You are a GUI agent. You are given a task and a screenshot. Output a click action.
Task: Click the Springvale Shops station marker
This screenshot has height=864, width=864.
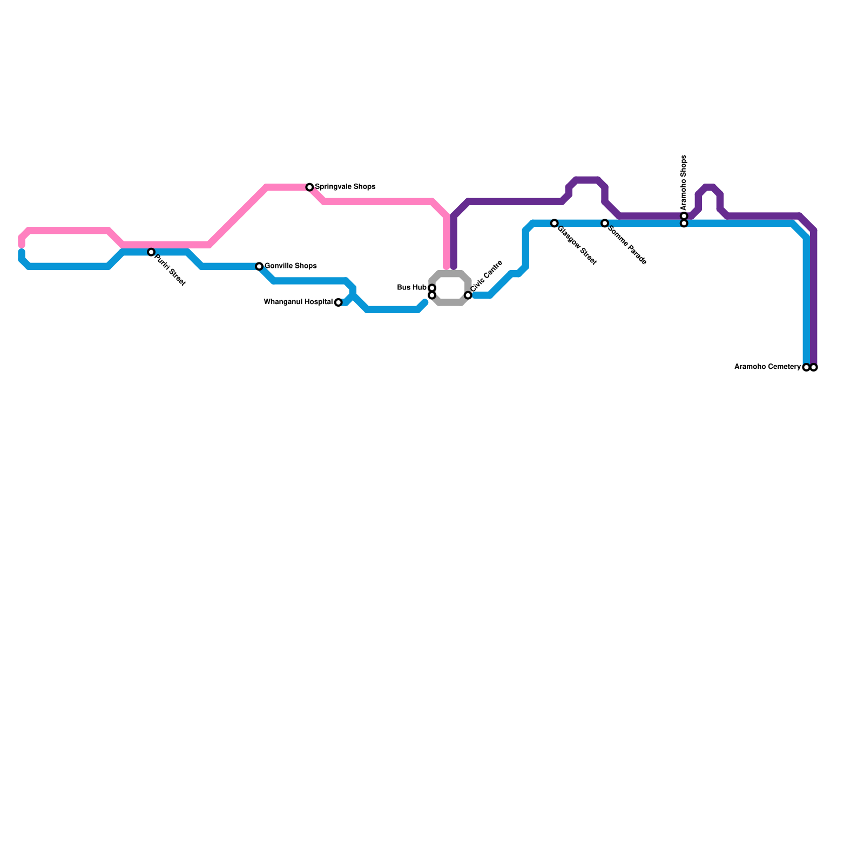coord(309,187)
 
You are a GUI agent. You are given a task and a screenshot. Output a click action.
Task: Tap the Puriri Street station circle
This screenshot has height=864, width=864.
coord(151,252)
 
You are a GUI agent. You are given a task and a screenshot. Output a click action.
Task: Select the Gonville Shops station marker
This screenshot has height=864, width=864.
coord(259,266)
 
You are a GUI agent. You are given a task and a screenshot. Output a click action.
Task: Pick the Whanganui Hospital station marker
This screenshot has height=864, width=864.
coord(338,302)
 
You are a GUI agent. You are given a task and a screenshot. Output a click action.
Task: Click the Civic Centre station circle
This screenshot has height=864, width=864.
coord(468,295)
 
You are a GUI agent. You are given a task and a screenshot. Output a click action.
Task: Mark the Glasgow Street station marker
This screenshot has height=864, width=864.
coord(554,223)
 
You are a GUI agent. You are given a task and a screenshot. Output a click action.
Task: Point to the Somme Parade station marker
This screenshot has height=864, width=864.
coord(605,223)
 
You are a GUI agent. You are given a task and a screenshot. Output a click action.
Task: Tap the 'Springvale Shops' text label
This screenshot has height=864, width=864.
coord(345,187)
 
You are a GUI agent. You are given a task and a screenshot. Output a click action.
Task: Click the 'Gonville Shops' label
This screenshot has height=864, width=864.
coord(291,266)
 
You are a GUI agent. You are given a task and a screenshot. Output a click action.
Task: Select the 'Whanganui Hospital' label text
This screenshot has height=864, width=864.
coord(298,302)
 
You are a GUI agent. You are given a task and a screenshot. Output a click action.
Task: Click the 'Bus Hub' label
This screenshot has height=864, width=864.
coord(411,288)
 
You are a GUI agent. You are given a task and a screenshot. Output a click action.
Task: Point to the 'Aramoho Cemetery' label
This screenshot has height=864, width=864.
coord(767,367)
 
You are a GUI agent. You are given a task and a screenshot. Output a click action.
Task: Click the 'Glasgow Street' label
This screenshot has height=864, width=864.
coord(577,245)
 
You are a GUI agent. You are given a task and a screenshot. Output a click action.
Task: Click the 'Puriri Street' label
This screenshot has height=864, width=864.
coord(170,270)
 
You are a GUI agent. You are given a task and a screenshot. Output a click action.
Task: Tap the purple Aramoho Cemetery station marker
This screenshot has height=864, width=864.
coord(814,368)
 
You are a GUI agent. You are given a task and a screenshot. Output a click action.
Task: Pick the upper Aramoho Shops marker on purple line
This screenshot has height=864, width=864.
coord(684,216)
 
